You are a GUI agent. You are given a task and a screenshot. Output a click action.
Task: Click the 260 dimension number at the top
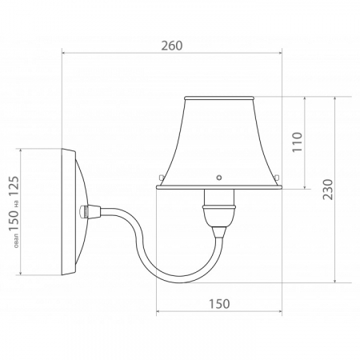171,46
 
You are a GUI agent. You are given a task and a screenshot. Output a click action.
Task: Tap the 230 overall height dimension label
327,189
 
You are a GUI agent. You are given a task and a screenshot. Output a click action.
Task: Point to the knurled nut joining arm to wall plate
86,212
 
